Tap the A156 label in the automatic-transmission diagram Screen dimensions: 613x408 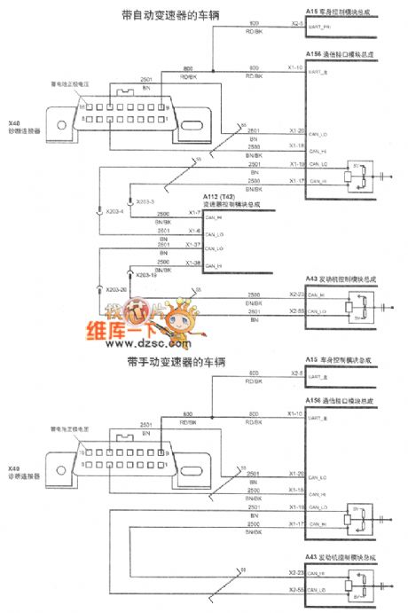tap(312, 54)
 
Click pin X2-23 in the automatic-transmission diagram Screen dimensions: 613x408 tap(297, 294)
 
